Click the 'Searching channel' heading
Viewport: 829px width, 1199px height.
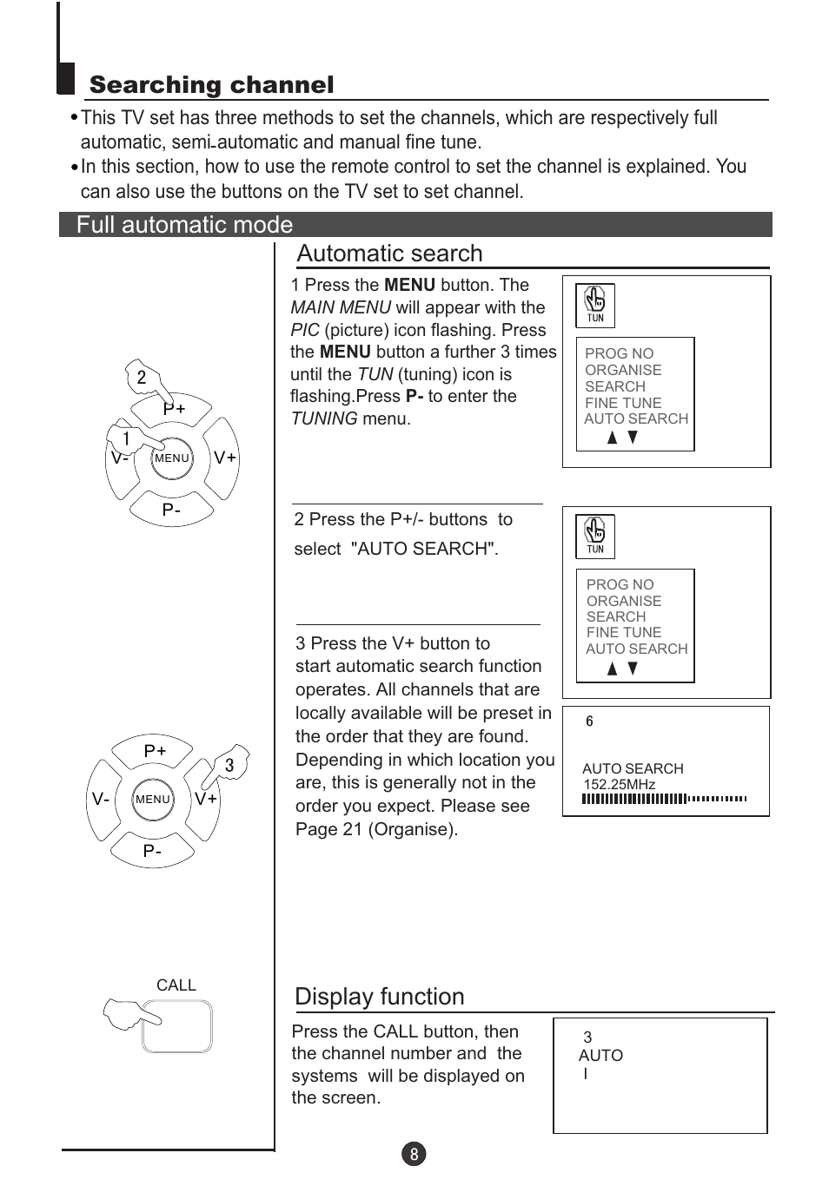pyautogui.click(x=211, y=85)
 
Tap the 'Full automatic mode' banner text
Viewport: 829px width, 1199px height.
pyautogui.click(x=184, y=225)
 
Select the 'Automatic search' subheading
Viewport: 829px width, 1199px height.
pyautogui.click(x=389, y=254)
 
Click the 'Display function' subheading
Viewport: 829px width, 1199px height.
pyautogui.click(x=380, y=997)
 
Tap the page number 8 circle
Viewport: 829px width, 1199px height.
pyautogui.click(x=414, y=1154)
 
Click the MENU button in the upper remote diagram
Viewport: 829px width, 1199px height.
pyautogui.click(x=171, y=458)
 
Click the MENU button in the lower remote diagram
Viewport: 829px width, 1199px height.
pyautogui.click(x=153, y=800)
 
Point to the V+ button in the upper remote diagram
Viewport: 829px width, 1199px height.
pyautogui.click(x=224, y=458)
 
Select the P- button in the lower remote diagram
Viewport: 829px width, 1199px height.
pyautogui.click(x=152, y=851)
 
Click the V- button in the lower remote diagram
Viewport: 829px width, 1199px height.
pyautogui.click(x=101, y=799)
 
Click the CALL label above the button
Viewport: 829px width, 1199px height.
pyautogui.click(x=176, y=985)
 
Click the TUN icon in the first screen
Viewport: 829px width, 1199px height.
pyautogui.click(x=595, y=305)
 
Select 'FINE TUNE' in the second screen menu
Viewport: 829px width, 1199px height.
pyautogui.click(x=623, y=632)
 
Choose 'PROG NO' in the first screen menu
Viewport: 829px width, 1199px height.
pyautogui.click(x=619, y=353)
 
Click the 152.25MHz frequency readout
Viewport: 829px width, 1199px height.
pyautogui.click(x=619, y=784)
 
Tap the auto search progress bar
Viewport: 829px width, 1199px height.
pyautogui.click(x=664, y=799)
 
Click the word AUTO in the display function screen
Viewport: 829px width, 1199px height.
pyautogui.click(x=600, y=1056)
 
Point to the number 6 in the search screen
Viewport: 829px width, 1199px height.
pyautogui.click(x=589, y=721)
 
